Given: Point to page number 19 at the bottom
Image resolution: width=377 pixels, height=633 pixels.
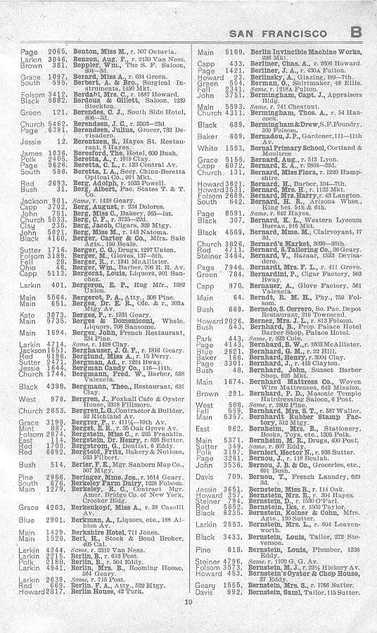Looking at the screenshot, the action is click(x=188, y=620).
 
